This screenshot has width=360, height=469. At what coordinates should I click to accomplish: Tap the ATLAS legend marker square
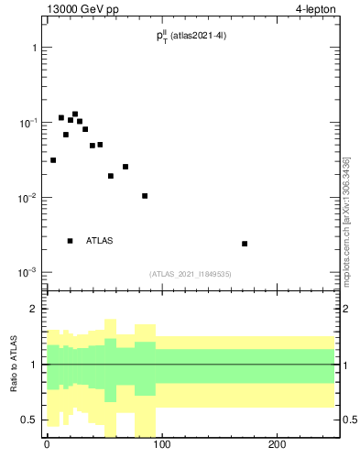point(70,241)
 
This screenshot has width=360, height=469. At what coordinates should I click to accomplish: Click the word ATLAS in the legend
point(100,241)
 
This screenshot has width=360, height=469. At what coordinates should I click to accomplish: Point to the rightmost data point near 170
point(245,244)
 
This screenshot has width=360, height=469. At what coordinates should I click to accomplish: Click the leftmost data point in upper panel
point(53,160)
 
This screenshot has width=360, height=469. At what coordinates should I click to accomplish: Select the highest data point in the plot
point(75,115)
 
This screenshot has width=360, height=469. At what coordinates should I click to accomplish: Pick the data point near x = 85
point(145,196)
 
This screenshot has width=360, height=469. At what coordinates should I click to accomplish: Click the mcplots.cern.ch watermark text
point(346,220)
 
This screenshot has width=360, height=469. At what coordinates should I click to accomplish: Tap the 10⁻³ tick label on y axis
point(27,273)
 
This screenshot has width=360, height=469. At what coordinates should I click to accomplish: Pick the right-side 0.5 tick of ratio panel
point(349,420)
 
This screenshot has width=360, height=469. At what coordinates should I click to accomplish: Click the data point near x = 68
point(125,167)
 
